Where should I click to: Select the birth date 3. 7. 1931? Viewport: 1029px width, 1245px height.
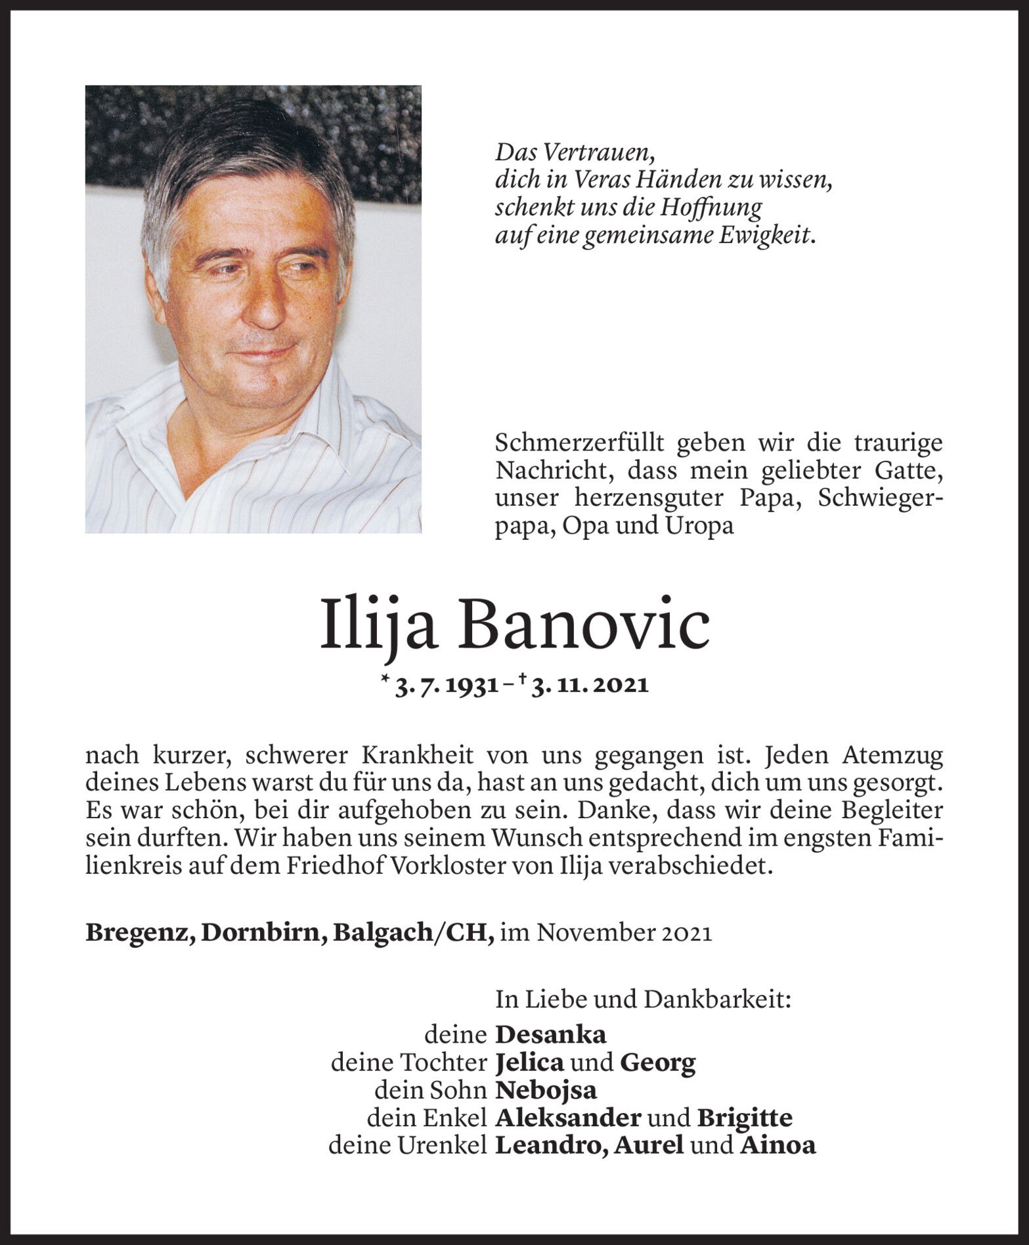(x=445, y=686)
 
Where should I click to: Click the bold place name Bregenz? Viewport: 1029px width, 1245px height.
(x=139, y=934)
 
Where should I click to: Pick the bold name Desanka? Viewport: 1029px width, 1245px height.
(x=550, y=1036)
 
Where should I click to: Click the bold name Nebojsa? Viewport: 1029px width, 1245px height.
(x=546, y=1091)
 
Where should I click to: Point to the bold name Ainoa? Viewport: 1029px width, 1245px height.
(x=778, y=1146)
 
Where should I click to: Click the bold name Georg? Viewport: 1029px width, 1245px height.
(x=657, y=1063)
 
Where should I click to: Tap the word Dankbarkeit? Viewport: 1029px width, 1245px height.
(x=717, y=1000)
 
